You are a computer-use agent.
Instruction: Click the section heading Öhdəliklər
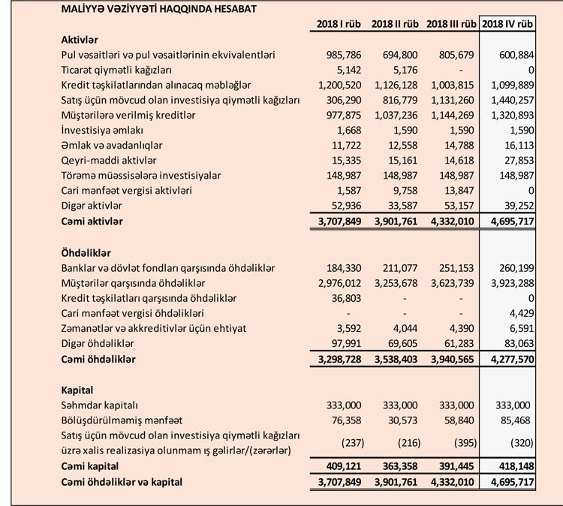(84, 253)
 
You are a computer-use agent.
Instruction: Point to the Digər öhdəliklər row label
(95, 344)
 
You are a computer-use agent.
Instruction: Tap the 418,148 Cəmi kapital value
(513, 465)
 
